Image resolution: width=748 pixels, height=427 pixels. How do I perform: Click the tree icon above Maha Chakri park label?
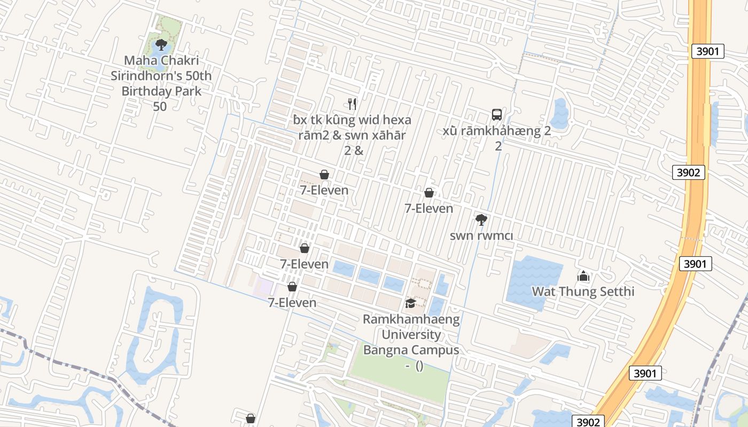click(161, 45)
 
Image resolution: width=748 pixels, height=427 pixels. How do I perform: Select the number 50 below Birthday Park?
click(160, 106)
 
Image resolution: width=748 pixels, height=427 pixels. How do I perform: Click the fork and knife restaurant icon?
click(352, 104)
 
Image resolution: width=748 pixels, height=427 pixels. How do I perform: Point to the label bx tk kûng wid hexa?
click(352, 120)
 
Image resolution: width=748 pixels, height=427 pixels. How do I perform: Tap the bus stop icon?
click(497, 114)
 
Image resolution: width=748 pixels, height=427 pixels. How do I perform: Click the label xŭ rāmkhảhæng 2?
click(497, 130)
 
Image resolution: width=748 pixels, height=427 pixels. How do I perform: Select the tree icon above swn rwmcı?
click(481, 219)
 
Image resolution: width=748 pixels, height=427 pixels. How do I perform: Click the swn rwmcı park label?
click(481, 235)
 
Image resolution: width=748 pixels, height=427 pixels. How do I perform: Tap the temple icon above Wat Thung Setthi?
click(583, 276)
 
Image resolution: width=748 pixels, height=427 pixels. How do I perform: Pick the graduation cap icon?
click(410, 304)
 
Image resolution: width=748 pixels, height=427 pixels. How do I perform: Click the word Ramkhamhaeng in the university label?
click(411, 320)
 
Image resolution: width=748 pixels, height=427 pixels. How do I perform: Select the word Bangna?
click(385, 350)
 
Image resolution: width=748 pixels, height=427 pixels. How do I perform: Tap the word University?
click(411, 335)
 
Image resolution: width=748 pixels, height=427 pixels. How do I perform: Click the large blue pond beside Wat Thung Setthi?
click(527, 283)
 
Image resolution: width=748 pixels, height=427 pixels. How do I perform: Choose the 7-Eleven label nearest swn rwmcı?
click(428, 209)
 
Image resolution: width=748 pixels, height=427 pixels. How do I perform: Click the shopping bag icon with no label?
click(250, 418)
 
